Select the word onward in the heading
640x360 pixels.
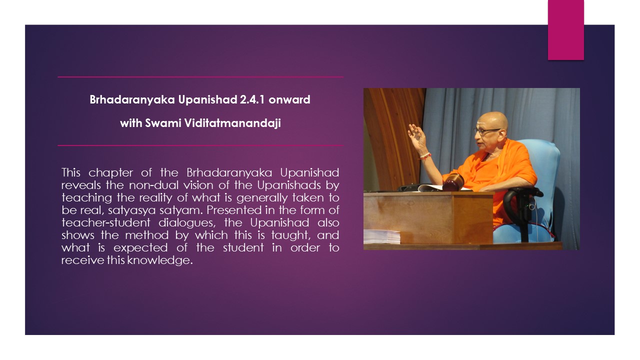[289, 99]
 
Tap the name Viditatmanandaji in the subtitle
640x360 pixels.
[232, 123]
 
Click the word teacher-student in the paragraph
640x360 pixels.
[105, 222]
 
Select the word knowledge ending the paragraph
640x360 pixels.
[159, 260]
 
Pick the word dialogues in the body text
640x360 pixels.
[187, 223]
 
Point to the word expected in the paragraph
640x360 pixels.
[140, 247]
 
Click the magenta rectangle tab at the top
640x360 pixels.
[565, 30]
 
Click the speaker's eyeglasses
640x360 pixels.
[485, 131]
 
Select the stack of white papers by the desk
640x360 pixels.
[381, 237]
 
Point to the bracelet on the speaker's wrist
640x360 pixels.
[425, 156]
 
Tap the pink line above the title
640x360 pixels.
[200, 77]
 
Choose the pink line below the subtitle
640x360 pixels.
[200, 145]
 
